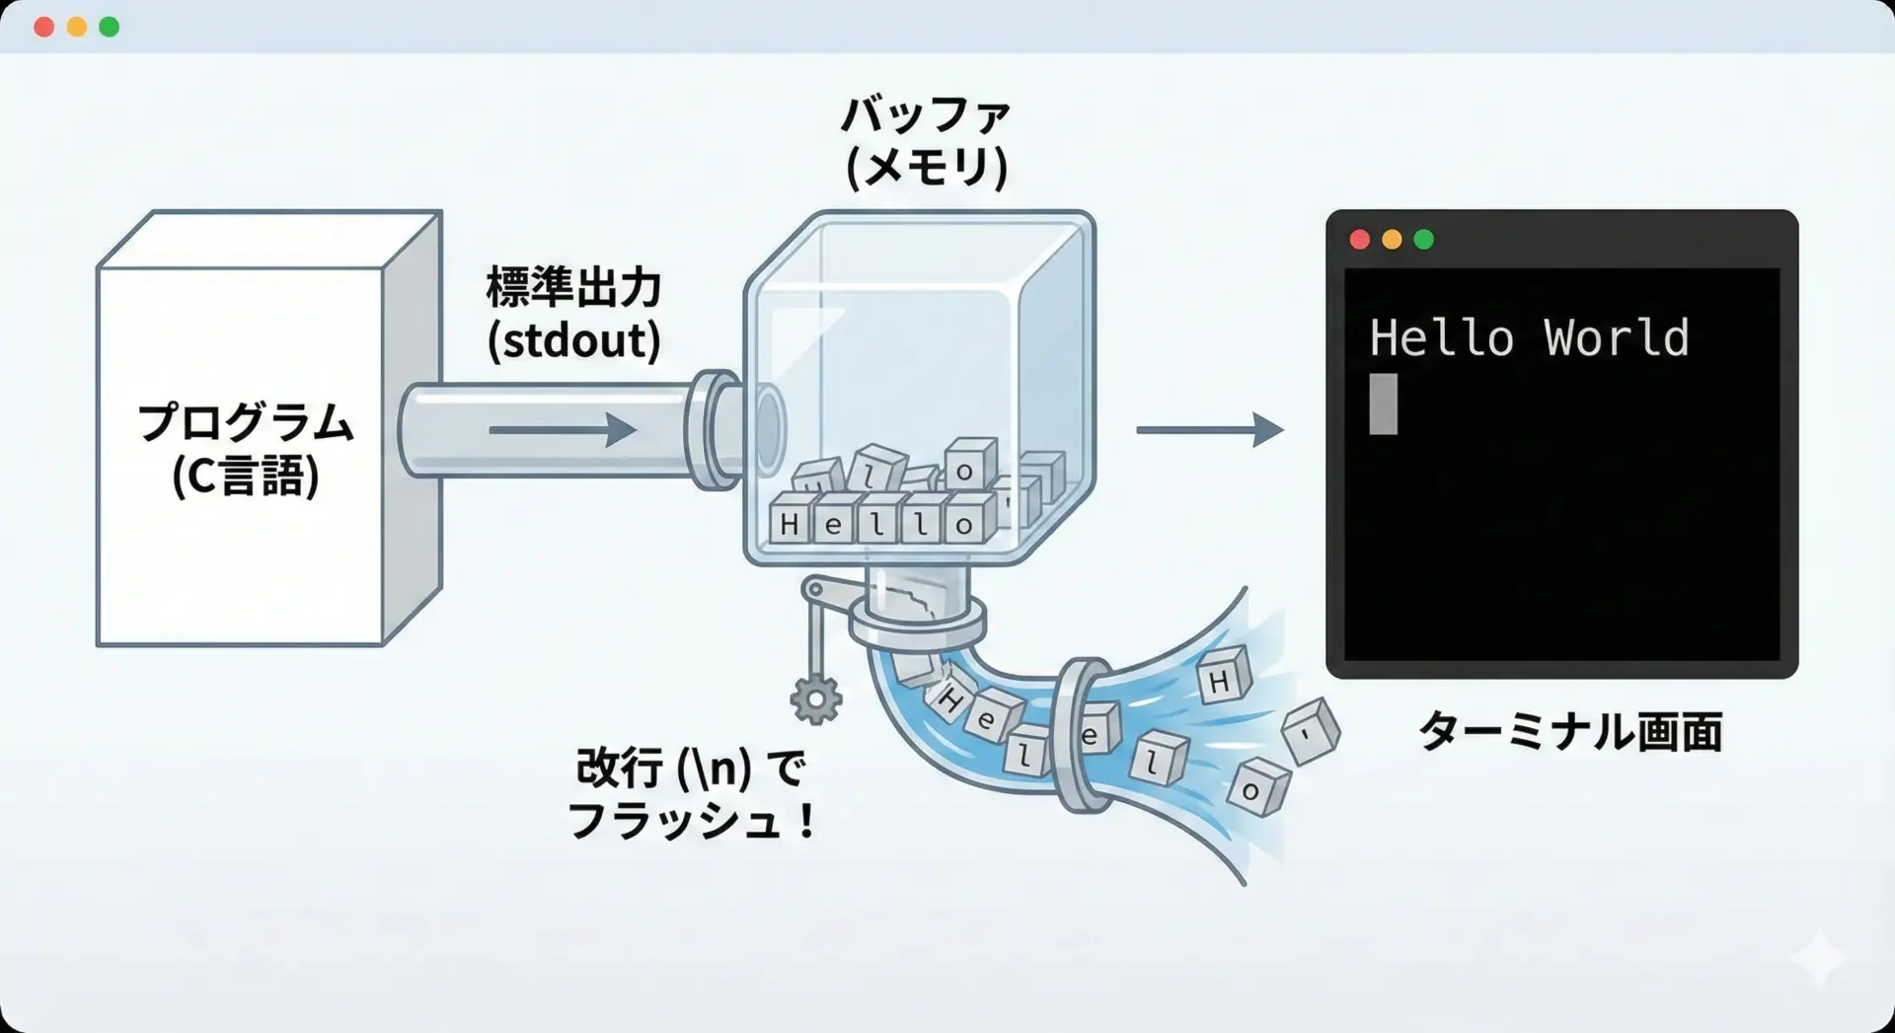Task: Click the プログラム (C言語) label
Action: coord(245,449)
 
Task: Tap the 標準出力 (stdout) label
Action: coord(573,314)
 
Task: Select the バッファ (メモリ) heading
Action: coord(926,142)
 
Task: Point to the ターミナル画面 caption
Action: coord(1570,732)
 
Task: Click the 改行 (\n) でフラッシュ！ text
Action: coord(691,793)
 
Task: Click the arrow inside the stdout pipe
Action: coord(563,430)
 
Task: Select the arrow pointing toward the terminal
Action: coord(1210,430)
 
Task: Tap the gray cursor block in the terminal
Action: coord(1383,404)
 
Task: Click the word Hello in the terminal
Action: coord(1441,338)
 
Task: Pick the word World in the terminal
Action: coord(1616,338)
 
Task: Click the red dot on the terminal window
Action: coord(1360,240)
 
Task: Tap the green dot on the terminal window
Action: coord(1423,240)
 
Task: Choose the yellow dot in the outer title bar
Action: coord(77,27)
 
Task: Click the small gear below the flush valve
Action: coord(815,700)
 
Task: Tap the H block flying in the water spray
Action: coord(1222,679)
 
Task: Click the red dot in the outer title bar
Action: coord(43,27)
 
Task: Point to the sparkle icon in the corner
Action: coord(1819,957)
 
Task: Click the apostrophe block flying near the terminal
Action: coord(1310,732)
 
